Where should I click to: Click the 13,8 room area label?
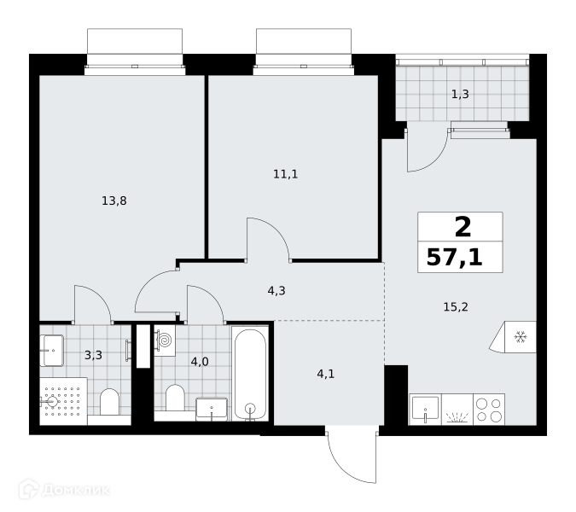click(114, 201)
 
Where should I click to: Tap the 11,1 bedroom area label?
click(285, 174)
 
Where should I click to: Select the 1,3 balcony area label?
click(460, 95)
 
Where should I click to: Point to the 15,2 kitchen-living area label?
click(456, 306)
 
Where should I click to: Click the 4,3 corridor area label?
click(276, 291)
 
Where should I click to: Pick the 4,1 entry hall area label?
click(325, 375)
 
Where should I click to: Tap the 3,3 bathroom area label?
click(93, 355)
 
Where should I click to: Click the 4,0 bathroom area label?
click(200, 362)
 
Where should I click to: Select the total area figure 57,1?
click(455, 258)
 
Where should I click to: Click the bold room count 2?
click(463, 227)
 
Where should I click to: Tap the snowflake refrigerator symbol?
click(521, 337)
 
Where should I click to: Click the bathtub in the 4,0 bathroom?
click(251, 374)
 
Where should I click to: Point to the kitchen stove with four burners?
click(489, 410)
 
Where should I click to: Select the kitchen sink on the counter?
click(426, 409)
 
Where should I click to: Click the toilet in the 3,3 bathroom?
click(109, 402)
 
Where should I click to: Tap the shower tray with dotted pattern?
click(63, 401)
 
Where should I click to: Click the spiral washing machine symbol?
click(165, 340)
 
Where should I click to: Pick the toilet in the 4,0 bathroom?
click(175, 398)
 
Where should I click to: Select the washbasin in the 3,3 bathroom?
click(52, 351)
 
